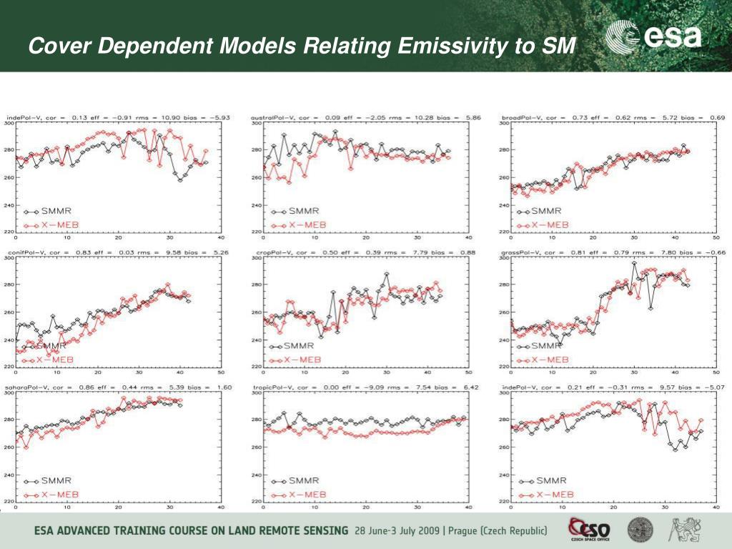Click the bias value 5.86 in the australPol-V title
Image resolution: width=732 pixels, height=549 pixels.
click(458, 117)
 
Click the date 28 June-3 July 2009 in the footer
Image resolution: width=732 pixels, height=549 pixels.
click(397, 531)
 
